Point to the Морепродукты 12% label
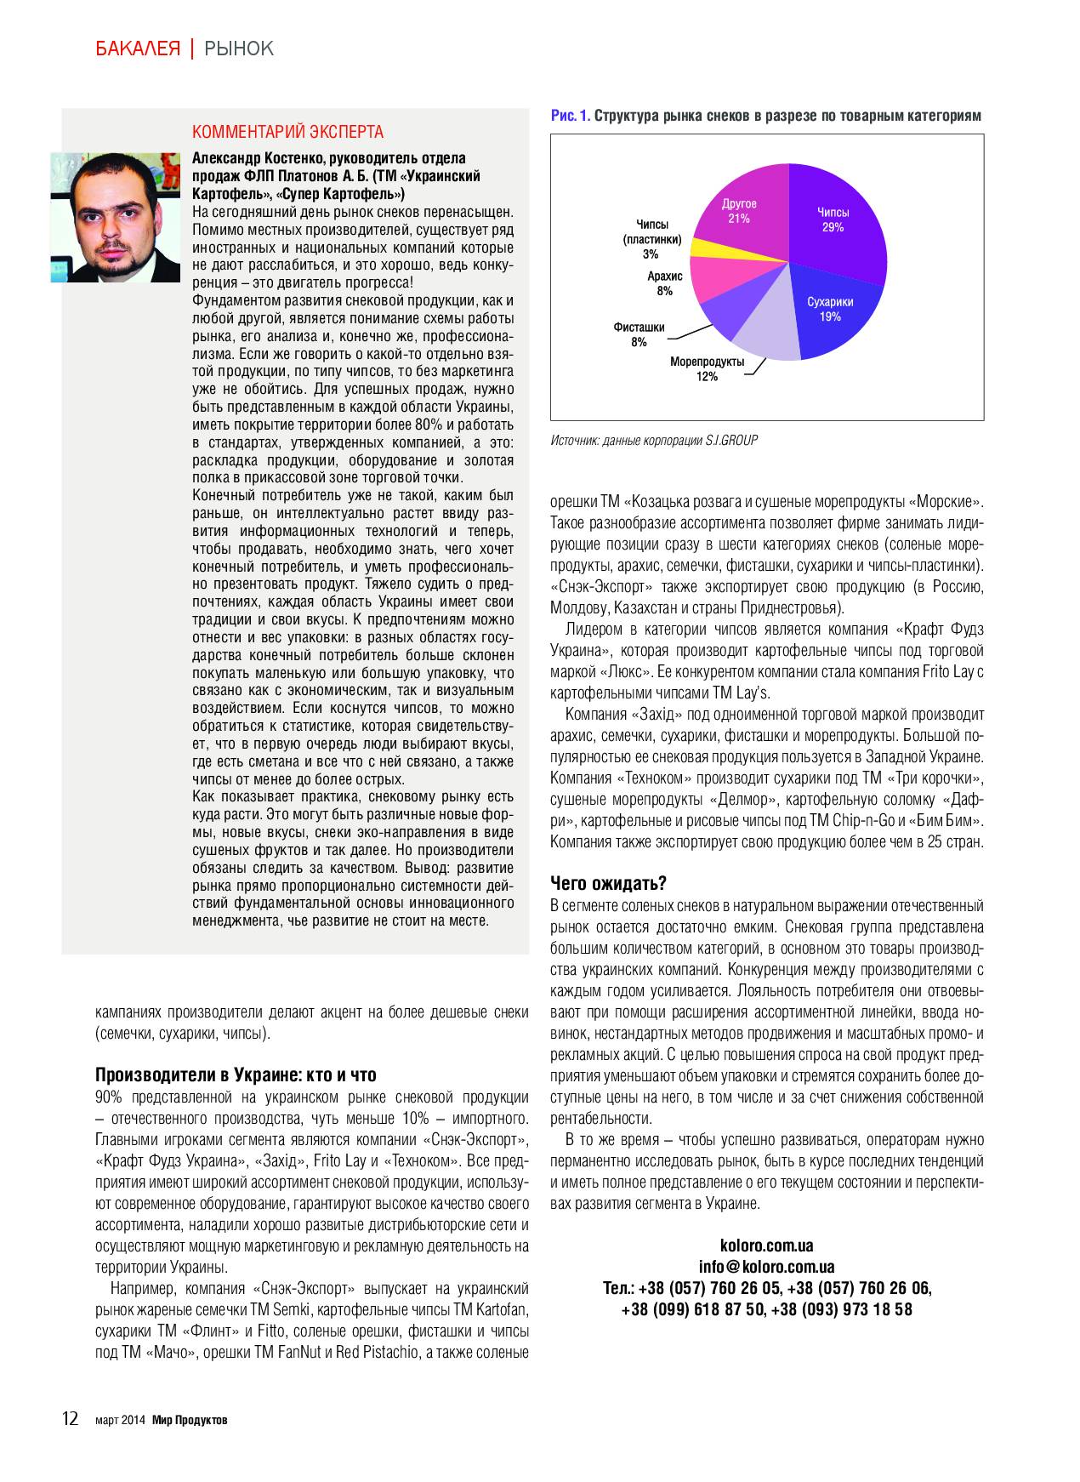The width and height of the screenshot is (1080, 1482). point(707,369)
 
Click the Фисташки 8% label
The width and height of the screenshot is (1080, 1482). point(639,334)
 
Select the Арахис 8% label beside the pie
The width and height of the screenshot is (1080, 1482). point(664,283)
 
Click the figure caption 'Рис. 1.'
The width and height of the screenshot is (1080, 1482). point(571,116)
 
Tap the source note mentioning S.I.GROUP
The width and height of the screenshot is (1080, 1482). point(653,441)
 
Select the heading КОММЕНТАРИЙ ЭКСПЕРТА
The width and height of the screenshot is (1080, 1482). point(287,132)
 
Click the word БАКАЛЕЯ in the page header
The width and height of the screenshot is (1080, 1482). point(138,48)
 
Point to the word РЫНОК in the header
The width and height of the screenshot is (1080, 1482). point(239,48)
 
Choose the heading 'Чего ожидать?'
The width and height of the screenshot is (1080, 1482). point(608,881)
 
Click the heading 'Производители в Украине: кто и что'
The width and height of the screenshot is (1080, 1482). point(236,1074)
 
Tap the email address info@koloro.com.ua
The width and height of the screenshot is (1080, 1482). point(766,1267)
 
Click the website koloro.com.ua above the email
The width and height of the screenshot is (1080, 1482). point(766,1246)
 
